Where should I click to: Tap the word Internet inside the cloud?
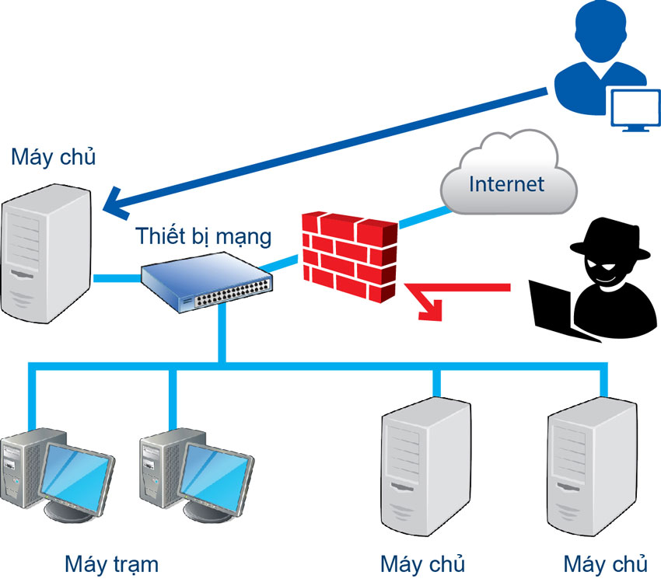click(x=506, y=184)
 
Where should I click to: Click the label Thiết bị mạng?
click(x=204, y=235)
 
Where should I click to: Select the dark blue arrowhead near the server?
click(x=120, y=204)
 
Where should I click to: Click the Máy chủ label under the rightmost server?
click(x=605, y=562)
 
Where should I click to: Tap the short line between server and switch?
click(x=117, y=277)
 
